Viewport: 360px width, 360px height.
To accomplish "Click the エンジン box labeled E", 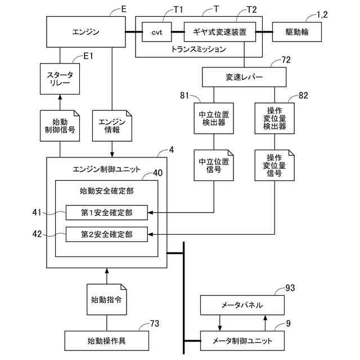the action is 86,32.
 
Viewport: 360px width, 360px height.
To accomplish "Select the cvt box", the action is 157,32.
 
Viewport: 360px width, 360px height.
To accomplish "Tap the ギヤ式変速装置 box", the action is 220,32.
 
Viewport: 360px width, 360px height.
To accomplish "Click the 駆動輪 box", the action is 297,32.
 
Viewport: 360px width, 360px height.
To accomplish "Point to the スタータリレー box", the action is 60,79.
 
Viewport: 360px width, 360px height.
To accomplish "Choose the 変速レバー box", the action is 244,77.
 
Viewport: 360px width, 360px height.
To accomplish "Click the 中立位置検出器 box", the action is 214,118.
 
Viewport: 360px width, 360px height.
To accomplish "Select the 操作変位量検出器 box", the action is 274,118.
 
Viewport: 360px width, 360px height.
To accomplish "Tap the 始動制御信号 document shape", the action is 60,126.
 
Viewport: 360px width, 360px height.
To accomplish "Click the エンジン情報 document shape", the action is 112,126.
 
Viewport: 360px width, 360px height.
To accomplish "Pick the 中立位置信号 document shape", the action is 214,165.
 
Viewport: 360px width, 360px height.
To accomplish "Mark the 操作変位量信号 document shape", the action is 274,165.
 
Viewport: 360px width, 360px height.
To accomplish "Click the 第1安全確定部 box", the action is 107,213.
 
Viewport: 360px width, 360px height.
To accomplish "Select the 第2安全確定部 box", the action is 107,235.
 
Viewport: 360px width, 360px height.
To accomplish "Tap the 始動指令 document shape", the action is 107,299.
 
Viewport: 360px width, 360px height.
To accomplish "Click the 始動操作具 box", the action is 107,341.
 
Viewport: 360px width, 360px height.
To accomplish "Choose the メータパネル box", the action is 242,305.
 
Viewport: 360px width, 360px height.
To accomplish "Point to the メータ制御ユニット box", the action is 242,341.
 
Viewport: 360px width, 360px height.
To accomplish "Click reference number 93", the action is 290,288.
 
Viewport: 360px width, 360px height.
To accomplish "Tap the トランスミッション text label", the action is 199,49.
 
